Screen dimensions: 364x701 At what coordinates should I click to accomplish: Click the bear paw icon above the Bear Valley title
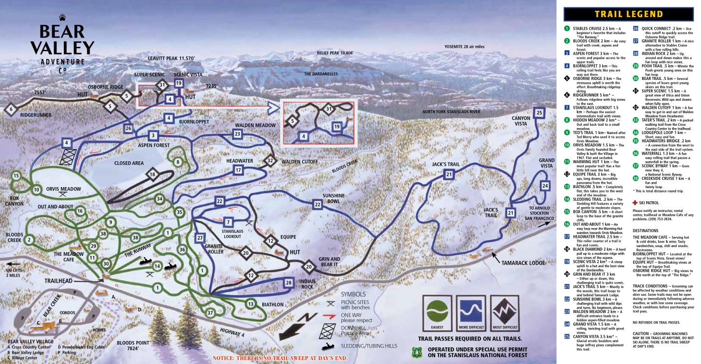pyautogui.click(x=62, y=18)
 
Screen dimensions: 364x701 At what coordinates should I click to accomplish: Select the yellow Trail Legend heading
pyautogui.click(x=629, y=14)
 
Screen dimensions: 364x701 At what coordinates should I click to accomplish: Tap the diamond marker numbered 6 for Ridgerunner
pyautogui.click(x=11, y=110)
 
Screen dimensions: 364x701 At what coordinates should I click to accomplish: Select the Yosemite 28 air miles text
pyautogui.click(x=472, y=46)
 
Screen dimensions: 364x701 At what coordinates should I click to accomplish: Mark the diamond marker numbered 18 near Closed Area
pyautogui.click(x=153, y=174)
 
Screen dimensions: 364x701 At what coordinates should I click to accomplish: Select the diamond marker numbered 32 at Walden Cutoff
pyautogui.click(x=270, y=160)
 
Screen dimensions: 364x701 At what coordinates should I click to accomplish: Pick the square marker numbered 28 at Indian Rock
pyautogui.click(x=288, y=283)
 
